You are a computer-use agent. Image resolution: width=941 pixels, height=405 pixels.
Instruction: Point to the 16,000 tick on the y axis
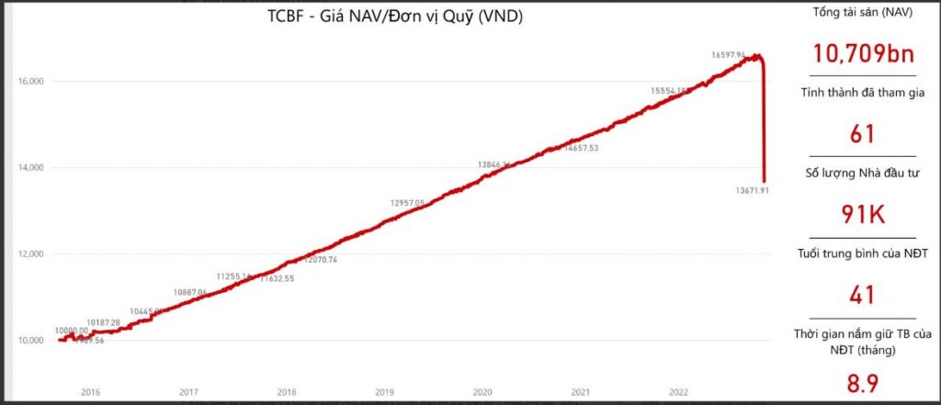tap(32, 82)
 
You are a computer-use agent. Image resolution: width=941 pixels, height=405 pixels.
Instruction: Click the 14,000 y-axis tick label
tap(32, 168)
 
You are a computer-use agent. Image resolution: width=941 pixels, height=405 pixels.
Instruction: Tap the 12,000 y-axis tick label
tap(32, 254)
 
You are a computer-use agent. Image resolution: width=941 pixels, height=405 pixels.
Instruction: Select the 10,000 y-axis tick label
tap(32, 341)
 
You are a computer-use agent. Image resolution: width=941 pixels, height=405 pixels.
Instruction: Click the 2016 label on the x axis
tap(90, 392)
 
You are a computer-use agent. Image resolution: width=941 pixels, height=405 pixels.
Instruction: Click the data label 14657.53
tap(582, 148)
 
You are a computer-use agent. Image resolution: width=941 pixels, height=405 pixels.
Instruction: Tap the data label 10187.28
tap(103, 322)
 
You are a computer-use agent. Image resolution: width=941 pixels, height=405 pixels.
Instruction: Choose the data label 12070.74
tap(321, 260)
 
